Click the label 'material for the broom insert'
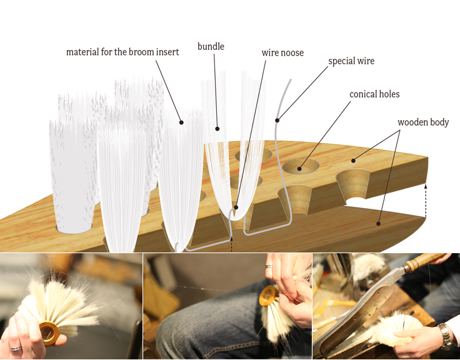tap(122, 52)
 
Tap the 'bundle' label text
tap(211, 46)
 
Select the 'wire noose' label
tap(282, 52)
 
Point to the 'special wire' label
tap(351, 61)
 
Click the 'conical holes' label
tap(374, 94)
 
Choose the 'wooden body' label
tap(423, 122)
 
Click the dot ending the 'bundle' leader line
tap(217, 129)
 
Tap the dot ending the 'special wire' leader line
tap(277, 120)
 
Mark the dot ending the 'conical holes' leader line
tap(299, 169)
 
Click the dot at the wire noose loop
tap(236, 207)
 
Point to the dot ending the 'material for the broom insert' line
tap(181, 122)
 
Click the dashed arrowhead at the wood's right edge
tap(426, 186)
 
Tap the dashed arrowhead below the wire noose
tap(231, 239)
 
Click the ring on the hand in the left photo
tap(16, 348)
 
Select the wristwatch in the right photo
tap(446, 336)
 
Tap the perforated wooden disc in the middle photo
tap(268, 294)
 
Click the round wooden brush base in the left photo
tap(49, 332)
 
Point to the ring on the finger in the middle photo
tap(269, 266)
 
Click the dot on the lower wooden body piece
tap(379, 224)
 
